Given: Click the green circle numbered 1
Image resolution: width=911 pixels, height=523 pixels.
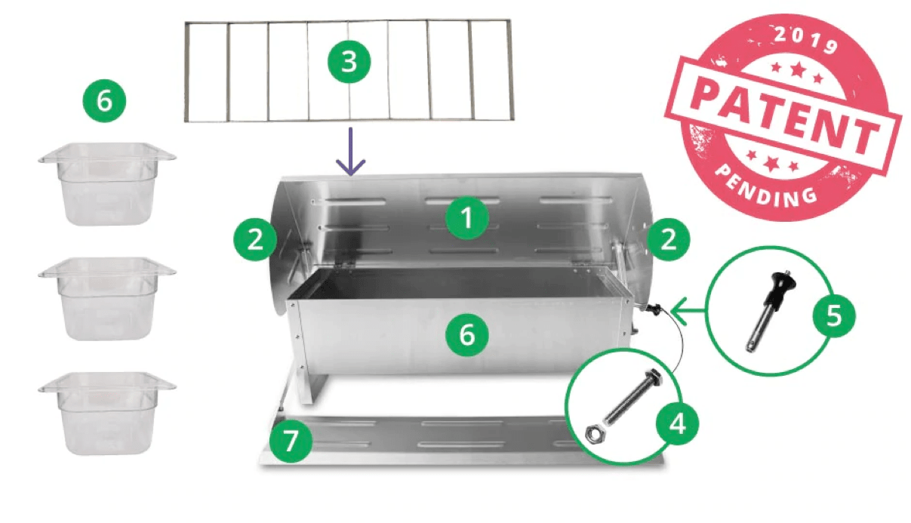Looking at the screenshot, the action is tap(467, 218).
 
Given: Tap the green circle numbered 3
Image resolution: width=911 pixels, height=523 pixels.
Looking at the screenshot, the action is tap(349, 61).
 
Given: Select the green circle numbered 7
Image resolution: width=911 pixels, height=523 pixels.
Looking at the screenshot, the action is tap(291, 441).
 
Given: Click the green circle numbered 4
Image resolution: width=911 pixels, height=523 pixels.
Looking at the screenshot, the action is tap(678, 425).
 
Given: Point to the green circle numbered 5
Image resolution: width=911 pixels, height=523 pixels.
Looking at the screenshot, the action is tap(834, 315).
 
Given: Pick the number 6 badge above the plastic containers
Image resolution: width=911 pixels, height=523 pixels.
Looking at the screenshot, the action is tap(104, 100).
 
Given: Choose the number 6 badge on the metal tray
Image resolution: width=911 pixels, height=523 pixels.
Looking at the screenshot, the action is tap(467, 335).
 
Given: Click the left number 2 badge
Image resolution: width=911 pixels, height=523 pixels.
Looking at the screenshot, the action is tap(255, 239).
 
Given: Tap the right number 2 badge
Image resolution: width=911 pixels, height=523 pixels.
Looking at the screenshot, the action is tap(669, 239).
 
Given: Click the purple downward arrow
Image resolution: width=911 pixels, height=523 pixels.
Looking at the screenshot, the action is tap(350, 151).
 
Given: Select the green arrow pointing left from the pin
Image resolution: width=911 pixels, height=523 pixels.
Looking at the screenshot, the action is tap(688, 311).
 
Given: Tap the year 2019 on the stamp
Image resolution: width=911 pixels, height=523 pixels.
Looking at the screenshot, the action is tap(805, 41).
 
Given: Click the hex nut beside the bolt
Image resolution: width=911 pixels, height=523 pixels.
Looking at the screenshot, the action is tap(594, 433).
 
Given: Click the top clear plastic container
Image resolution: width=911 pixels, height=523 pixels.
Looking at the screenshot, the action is tap(107, 183).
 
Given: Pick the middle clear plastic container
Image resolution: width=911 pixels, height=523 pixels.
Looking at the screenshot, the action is tap(107, 298).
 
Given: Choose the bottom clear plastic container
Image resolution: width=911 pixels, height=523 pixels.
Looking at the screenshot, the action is tap(107, 414).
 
